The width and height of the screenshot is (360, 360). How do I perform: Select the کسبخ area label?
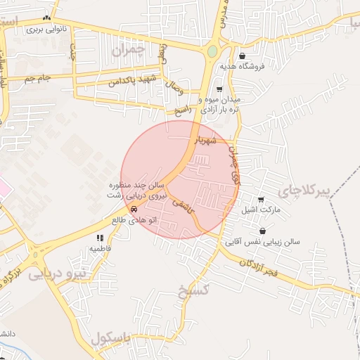click(193, 292)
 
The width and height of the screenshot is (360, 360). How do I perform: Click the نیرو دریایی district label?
click(60, 274)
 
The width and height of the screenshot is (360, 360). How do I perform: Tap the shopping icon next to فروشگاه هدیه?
click(243, 56)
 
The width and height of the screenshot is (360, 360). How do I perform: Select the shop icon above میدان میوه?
click(219, 89)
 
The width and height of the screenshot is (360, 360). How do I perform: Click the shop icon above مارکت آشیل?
click(261, 200)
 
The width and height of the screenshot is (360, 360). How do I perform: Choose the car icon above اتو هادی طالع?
click(134, 209)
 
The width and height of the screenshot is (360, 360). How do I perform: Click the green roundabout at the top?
click(212, 51)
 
